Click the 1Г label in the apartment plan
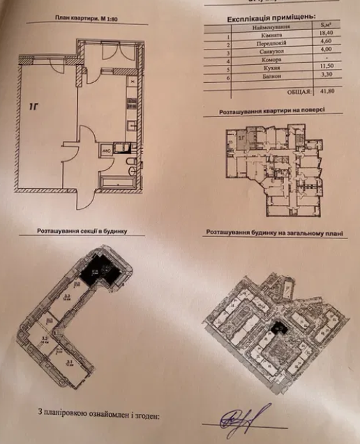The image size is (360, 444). tap(33, 107)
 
